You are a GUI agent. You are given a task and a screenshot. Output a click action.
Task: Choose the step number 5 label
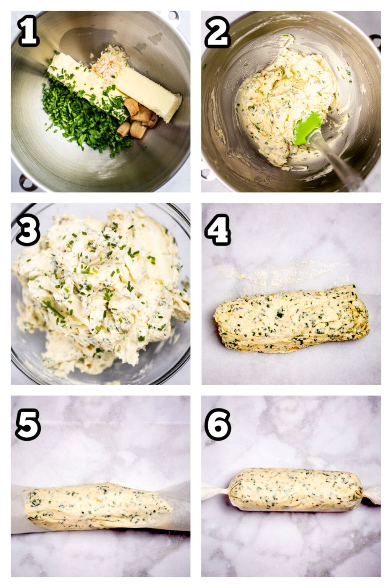[28, 424]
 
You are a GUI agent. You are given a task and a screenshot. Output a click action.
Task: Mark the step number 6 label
[217, 424]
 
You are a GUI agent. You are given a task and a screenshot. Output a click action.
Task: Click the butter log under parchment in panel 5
[98, 506]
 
